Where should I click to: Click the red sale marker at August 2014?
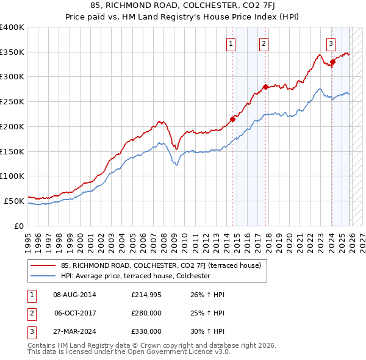[232, 119]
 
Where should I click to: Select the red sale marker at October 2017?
[265, 87]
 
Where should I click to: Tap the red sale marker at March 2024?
[332, 62]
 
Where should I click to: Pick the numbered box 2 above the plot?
[264, 43]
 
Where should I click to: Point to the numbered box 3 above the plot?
[331, 43]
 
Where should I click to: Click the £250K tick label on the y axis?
[12, 102]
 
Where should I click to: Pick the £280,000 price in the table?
[146, 314]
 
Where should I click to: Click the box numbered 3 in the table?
[31, 331]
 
